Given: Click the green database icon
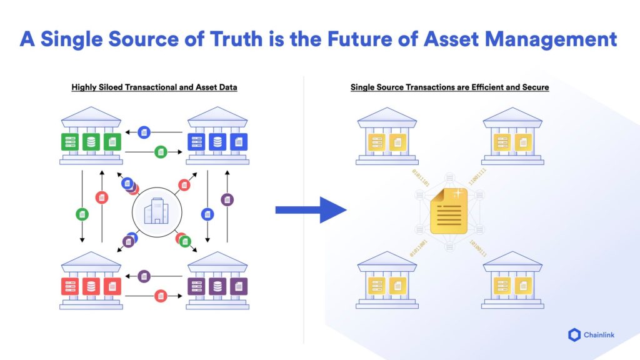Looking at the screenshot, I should coord(91,141).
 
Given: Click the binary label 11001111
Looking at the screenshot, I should coord(478,179).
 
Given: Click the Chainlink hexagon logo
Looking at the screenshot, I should coord(574,336).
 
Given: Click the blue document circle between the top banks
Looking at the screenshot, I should coord(144,132).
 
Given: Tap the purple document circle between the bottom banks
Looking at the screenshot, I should coord(144,276).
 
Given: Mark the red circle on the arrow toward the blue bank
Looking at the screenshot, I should coord(184,184).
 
